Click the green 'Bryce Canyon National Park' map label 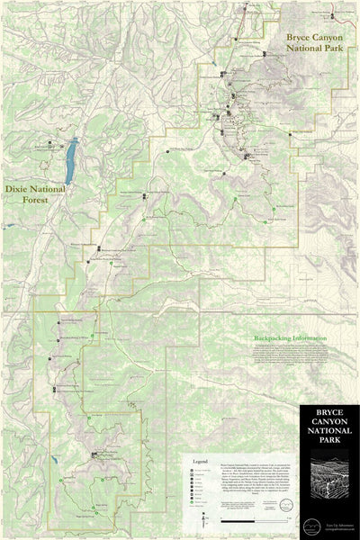(x=315, y=39)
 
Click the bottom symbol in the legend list (x=193, y=507)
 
